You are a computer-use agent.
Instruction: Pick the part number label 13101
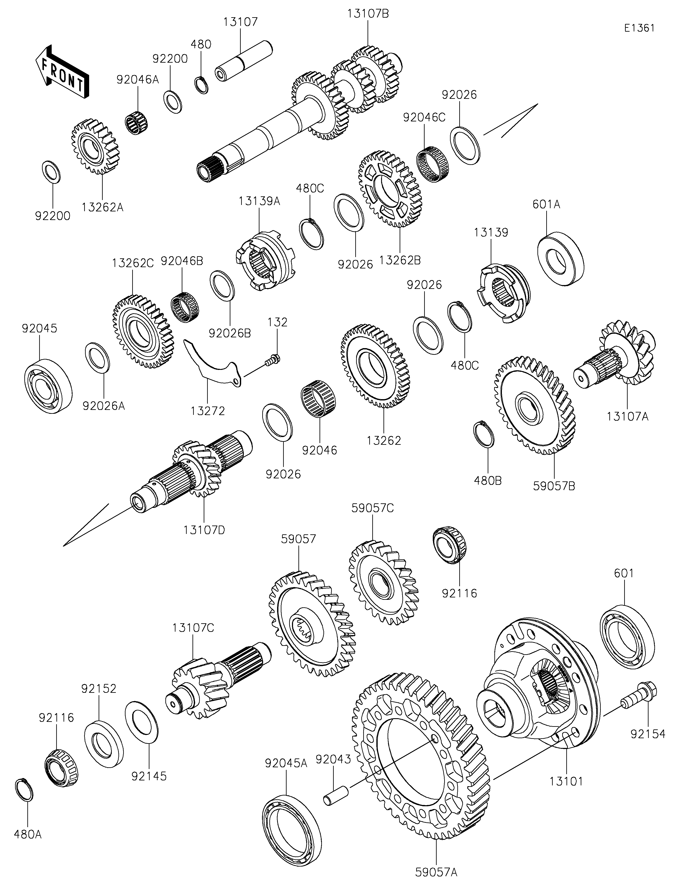point(566,781)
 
